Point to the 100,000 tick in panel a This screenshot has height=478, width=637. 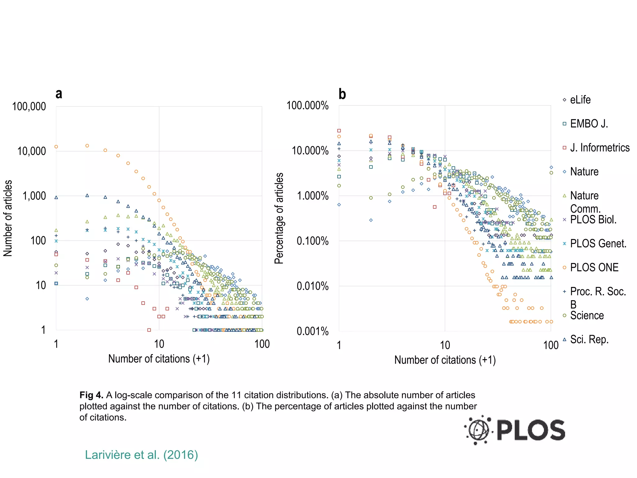[29, 107]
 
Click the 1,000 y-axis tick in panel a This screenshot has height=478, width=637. [34, 196]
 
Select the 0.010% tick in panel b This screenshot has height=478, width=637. [312, 286]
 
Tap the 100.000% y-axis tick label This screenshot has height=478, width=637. [307, 106]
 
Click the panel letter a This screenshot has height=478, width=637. [59, 94]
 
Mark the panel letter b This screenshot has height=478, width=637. [342, 94]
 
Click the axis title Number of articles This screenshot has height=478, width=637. [8, 218]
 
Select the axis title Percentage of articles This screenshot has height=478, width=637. [279, 218]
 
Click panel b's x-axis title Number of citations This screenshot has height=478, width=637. [445, 360]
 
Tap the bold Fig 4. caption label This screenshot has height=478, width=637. [91, 395]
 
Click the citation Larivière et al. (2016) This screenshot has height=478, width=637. [142, 455]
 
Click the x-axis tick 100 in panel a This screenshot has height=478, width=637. [262, 344]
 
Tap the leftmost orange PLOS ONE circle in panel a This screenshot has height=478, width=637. [56, 147]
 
